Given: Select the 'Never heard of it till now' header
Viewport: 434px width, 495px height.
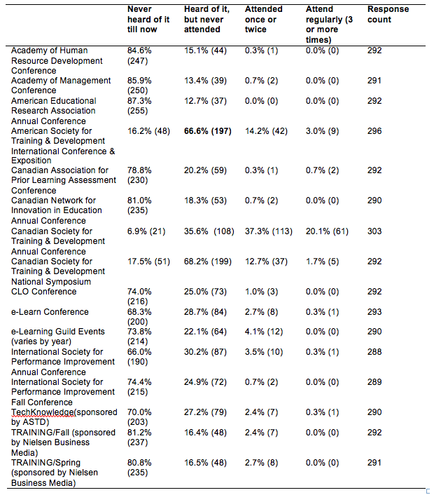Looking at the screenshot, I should click(148, 19).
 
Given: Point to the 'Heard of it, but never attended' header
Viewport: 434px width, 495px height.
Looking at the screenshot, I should click(206, 19).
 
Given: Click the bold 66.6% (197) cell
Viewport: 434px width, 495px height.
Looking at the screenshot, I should click(209, 131).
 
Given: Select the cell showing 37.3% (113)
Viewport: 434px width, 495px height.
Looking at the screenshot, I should click(268, 231).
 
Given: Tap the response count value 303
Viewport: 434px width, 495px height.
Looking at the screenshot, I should click(374, 231).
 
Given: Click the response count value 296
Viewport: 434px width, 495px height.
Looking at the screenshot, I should click(374, 131).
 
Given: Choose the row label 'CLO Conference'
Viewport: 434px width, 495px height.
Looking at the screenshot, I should click(44, 292).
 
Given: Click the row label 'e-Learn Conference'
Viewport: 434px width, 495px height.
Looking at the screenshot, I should click(50, 312).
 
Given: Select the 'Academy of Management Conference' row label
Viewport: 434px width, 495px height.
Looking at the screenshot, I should click(61, 86).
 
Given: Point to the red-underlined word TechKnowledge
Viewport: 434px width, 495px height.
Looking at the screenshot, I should click(42, 413).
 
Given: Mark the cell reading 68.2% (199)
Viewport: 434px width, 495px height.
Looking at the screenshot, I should click(209, 262).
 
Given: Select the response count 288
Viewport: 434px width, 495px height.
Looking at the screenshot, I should click(374, 352).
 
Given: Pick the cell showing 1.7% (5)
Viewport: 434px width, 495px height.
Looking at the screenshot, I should click(322, 262).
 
